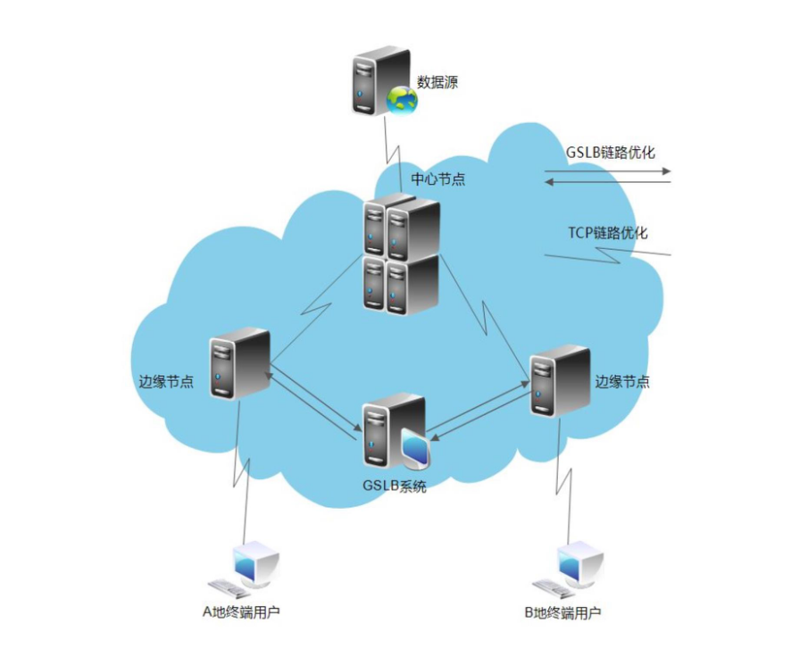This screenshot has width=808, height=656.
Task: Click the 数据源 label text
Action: pos(437,83)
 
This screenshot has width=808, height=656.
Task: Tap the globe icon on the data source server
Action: pos(402,100)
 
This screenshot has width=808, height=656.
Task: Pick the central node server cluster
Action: pos(402,254)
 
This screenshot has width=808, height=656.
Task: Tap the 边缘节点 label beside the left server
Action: pos(166,381)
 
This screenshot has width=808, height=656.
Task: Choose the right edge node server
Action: pos(560,380)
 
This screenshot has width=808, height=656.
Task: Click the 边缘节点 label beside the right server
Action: pos(622,381)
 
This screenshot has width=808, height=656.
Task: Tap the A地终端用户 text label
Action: pos(246,612)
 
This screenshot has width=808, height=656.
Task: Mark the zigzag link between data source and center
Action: pos(390,143)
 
